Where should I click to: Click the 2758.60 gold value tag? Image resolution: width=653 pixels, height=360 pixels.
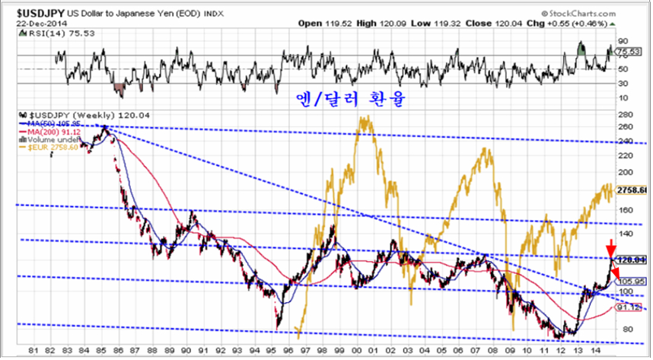click(634, 190)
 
